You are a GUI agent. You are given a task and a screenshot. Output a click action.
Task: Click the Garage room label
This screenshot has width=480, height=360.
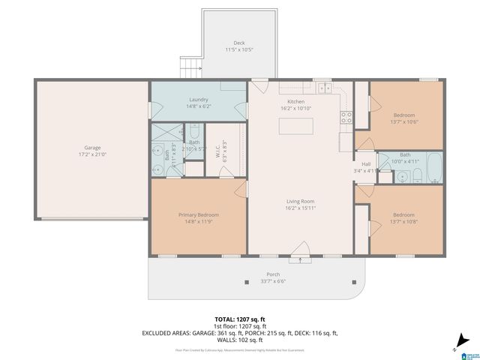point(92,148)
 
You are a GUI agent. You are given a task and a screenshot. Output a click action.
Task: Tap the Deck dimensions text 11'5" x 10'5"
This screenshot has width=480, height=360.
point(238,50)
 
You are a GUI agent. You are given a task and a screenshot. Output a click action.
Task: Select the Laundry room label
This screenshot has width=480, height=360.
point(198,99)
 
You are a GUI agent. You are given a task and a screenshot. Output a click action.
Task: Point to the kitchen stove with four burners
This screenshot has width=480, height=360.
point(346,117)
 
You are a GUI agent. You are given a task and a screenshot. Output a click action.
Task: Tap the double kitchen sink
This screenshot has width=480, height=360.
point(325,88)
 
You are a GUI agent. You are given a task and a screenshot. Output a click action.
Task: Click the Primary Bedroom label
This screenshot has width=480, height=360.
point(198,215)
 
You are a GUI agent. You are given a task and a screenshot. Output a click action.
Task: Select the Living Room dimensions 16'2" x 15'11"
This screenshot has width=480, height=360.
point(300,208)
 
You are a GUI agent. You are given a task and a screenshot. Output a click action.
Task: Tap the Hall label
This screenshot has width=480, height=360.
point(366,163)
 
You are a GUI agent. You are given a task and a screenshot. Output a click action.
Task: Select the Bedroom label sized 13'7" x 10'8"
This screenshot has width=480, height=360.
point(404,215)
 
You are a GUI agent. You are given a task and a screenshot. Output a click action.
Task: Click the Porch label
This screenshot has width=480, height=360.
point(273,274)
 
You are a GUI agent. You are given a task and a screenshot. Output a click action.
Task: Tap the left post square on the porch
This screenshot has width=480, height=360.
point(247,282)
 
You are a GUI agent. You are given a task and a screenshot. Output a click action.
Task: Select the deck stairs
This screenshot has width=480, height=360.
point(191,67)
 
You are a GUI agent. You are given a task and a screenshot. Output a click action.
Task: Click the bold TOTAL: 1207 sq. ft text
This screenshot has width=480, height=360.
point(240,319)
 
